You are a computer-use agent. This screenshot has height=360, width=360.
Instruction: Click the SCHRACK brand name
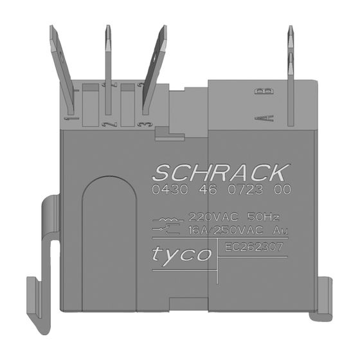pos(222,173)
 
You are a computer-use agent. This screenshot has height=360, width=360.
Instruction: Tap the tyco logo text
pos(181,255)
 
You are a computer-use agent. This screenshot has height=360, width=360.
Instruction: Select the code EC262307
pos(254,247)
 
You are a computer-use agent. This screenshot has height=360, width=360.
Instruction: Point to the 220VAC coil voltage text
pos(213,217)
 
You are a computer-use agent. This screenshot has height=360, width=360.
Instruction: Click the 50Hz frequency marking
pos(264,217)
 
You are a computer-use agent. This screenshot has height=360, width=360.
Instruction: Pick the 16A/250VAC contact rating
pos(226,231)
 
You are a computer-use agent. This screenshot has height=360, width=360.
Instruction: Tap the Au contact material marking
pos(280,231)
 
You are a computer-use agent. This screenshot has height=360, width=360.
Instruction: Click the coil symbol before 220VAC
pos(168,219)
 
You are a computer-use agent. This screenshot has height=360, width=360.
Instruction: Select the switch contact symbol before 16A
pos(166,230)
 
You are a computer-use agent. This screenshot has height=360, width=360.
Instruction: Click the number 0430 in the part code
pos(170,190)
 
